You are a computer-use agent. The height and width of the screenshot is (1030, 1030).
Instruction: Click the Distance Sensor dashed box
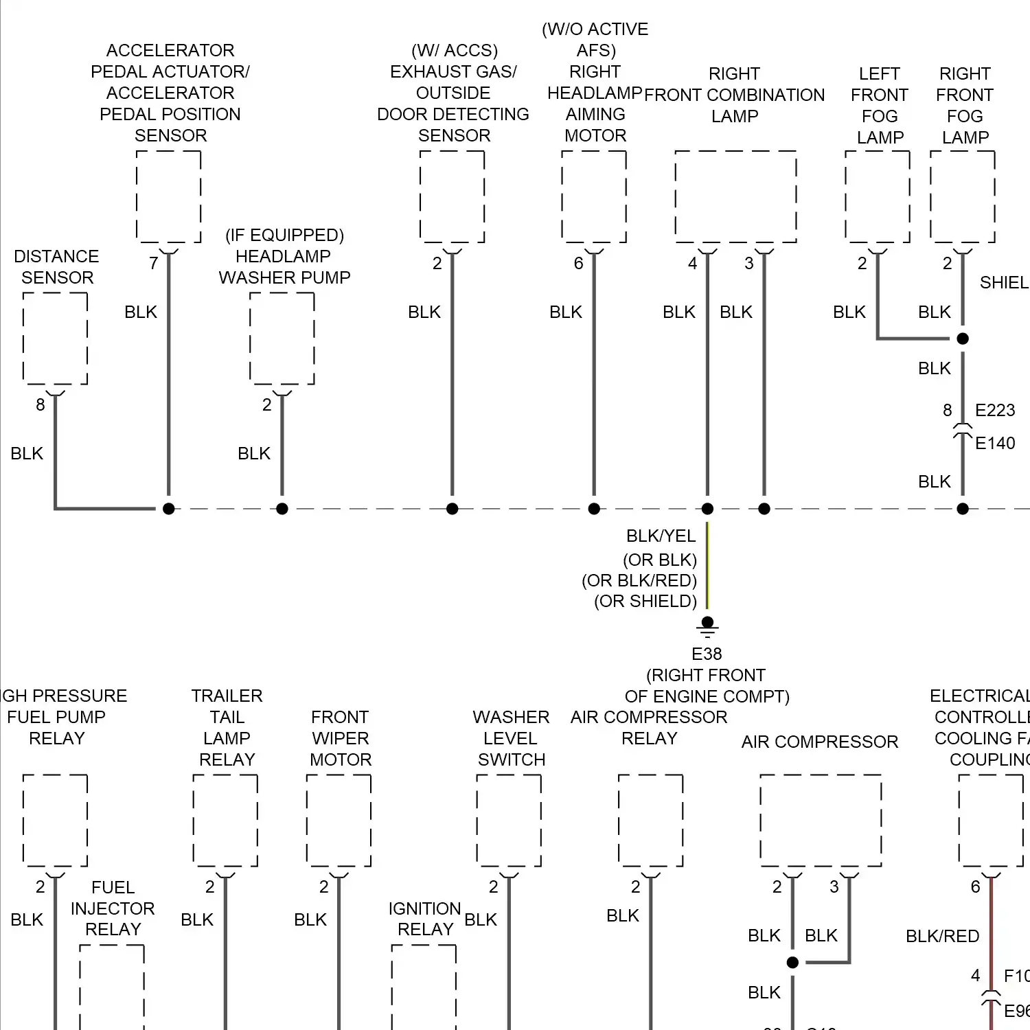(55, 338)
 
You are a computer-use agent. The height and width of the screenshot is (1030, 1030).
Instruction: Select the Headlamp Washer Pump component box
(282, 338)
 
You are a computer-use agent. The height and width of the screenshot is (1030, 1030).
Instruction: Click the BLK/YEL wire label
(661, 536)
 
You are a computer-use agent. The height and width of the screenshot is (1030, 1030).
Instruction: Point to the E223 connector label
(995, 410)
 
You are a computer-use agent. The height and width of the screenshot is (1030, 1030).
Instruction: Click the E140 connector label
(995, 443)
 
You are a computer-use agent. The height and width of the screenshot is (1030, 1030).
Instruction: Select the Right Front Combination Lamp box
(735, 196)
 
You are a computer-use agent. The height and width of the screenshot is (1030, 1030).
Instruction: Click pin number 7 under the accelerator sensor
(154, 263)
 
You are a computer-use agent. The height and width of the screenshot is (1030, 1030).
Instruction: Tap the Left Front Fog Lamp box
(878, 196)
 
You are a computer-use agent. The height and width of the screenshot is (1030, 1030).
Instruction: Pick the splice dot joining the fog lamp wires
(963, 339)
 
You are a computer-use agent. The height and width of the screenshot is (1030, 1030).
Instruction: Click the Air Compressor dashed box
(821, 821)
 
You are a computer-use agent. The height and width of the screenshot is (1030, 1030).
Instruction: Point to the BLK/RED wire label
(942, 936)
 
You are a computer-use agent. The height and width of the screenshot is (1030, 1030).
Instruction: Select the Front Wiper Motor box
(339, 821)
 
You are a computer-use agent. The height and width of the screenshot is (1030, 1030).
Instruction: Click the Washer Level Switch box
(509, 821)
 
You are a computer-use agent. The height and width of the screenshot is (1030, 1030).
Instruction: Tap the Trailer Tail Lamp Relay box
(225, 821)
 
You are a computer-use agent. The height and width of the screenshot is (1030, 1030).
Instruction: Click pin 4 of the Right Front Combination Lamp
(692, 263)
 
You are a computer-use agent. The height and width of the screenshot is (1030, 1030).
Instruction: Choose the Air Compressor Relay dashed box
(650, 821)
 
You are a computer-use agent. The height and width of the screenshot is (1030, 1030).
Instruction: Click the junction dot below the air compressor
(792, 963)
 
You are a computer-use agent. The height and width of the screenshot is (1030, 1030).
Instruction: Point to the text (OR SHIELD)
(645, 601)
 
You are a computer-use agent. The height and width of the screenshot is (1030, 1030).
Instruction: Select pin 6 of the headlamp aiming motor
(578, 263)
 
